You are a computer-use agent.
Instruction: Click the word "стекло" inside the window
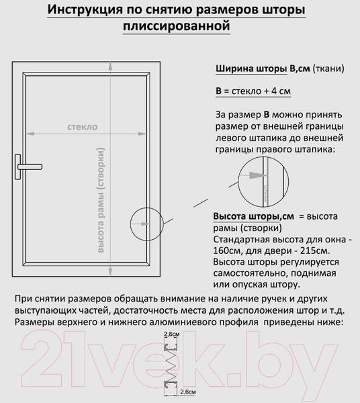[x=82, y=126]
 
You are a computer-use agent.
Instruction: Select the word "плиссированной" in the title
[x=177, y=27]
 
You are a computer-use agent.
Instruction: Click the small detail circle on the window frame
[x=146, y=222]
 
